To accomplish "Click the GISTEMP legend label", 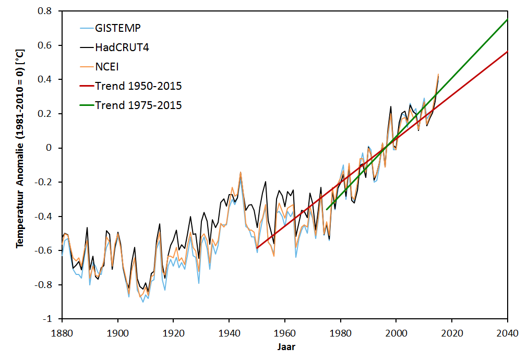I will point(118,27).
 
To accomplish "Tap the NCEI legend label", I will point(107,66).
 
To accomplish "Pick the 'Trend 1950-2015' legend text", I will point(138,86).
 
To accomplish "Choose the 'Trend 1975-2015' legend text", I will point(138,105).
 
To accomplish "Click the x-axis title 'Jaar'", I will point(284,346).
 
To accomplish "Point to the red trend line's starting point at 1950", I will point(257,248).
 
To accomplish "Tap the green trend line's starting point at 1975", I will point(326,210).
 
